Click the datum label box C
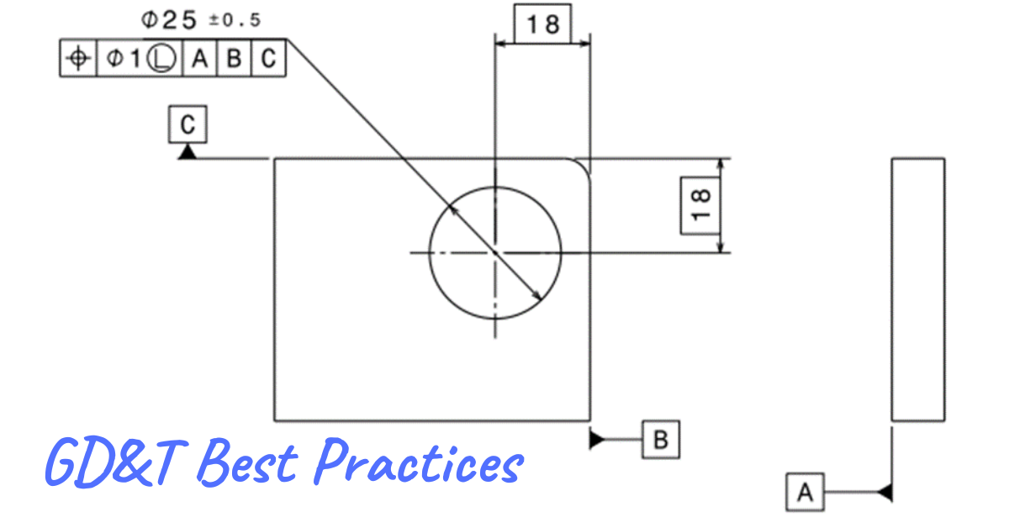coord(188,125)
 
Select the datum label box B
coord(660,440)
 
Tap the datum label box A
coord(806,492)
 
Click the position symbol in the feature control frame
coord(78,58)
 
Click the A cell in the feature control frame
coord(199,58)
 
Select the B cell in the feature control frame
coord(235,58)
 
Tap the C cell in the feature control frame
coord(268,58)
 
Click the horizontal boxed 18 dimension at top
coord(543,24)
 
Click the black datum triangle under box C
coord(188,151)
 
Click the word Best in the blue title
coord(250,462)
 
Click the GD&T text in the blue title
coord(118,462)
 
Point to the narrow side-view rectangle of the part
coord(917,289)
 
